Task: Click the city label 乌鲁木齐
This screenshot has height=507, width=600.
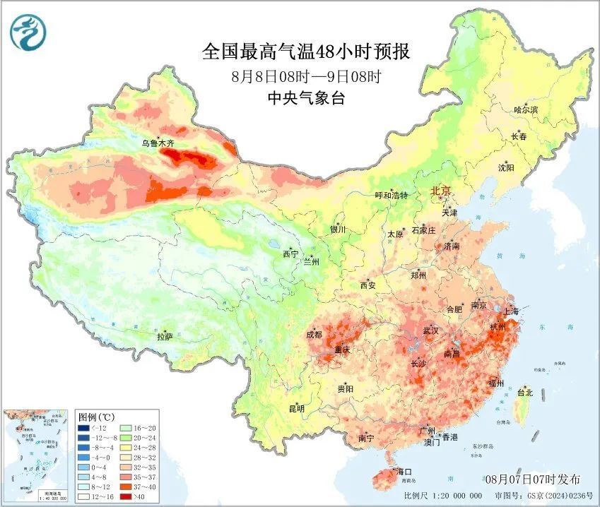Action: (157, 143)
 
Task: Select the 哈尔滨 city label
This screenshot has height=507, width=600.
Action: (526, 110)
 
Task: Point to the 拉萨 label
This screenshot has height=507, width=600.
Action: (165, 337)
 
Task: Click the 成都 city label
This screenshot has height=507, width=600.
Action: (315, 335)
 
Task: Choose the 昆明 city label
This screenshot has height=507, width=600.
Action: (296, 409)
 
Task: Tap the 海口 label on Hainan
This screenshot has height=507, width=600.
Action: (404, 471)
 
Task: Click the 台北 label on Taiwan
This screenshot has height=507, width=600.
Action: (525, 393)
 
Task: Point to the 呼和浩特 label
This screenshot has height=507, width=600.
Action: (391, 196)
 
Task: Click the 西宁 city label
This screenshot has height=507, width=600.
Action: (290, 254)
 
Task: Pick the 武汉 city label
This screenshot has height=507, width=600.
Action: (430, 330)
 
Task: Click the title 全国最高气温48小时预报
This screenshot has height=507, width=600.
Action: (305, 52)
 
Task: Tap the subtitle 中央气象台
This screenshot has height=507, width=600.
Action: (305, 99)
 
